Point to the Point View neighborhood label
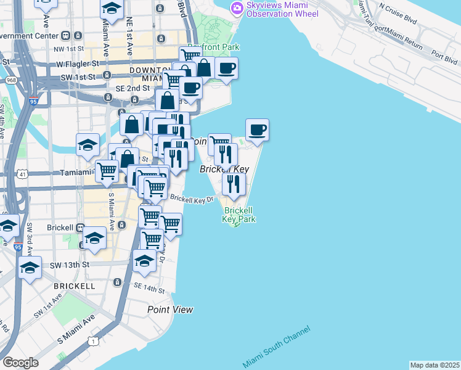point(170,310)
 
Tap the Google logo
point(20,363)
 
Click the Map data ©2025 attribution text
point(434,365)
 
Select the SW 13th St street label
point(70,265)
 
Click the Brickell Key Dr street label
point(192,199)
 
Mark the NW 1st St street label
point(68,49)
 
